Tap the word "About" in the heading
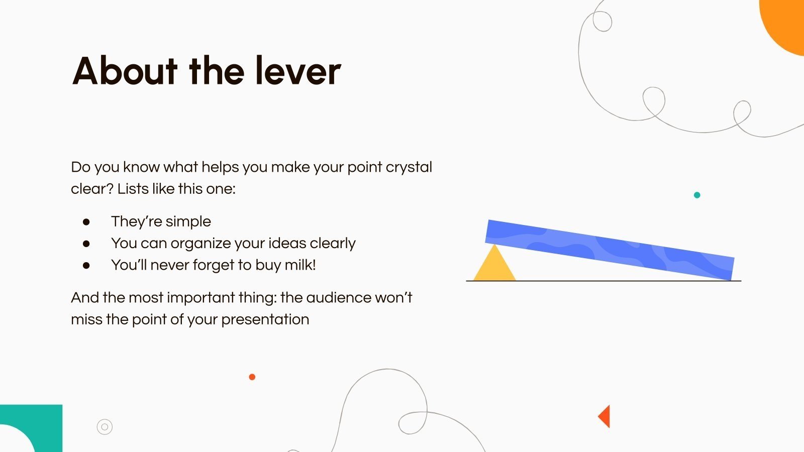(x=125, y=71)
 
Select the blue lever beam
(x=610, y=249)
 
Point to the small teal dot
(x=697, y=195)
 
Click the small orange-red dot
(x=252, y=377)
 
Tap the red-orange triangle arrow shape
(x=605, y=416)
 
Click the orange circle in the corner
(x=786, y=23)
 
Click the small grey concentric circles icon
(x=105, y=427)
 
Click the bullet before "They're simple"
(x=86, y=222)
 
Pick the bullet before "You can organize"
(x=86, y=244)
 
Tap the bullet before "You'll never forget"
(x=86, y=265)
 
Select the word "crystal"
(x=409, y=167)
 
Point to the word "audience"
(x=339, y=298)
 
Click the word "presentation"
(x=265, y=319)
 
